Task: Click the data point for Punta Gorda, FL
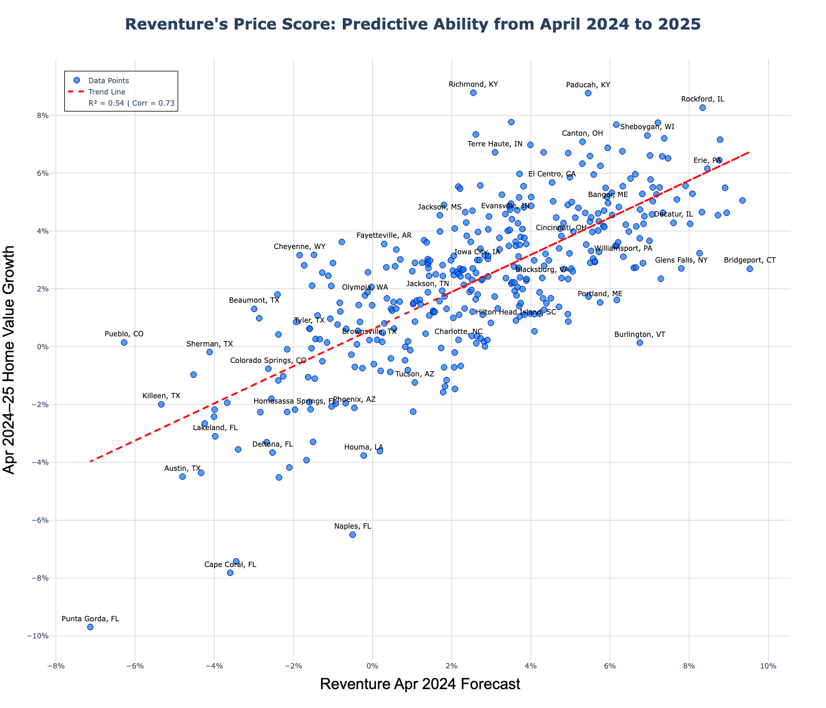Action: (x=90, y=627)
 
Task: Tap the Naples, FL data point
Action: (x=352, y=535)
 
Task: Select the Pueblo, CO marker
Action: (x=124, y=343)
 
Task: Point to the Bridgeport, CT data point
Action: (x=749, y=269)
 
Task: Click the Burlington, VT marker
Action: (x=640, y=343)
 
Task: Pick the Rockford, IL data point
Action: (x=702, y=107)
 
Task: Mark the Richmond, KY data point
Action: (x=473, y=93)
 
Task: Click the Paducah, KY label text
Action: (x=588, y=85)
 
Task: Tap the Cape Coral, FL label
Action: (x=230, y=565)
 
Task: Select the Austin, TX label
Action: (x=182, y=468)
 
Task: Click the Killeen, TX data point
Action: (x=161, y=404)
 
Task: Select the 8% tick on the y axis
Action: (x=41, y=116)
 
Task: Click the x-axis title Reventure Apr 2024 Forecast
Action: (x=420, y=684)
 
